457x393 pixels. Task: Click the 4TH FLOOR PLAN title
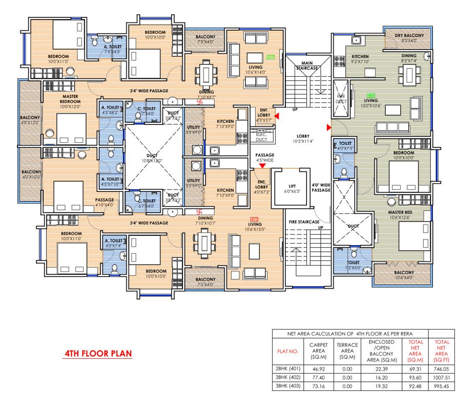(x=97, y=354)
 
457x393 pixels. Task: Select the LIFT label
(x=291, y=187)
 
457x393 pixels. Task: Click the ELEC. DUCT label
(x=261, y=136)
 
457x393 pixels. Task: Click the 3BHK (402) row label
(x=288, y=377)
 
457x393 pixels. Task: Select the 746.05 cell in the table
(x=442, y=367)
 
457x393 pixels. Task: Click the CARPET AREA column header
(x=319, y=351)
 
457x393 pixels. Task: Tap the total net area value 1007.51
(x=442, y=377)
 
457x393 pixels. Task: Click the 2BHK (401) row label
(x=288, y=367)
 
